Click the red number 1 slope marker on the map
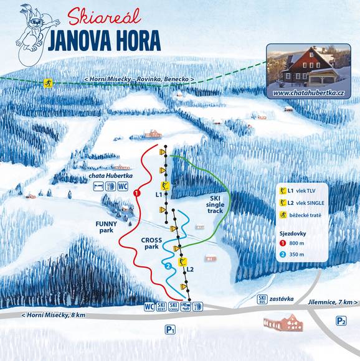pyautogui.click(x=135, y=194)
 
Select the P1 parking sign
pyautogui.click(x=169, y=328)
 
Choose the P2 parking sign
pyautogui.click(x=341, y=321)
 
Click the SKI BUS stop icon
pyautogui.click(x=262, y=299)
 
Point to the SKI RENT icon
pyautogui.click(x=162, y=306)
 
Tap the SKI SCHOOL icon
pyautogui.click(x=174, y=306)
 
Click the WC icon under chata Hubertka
pyautogui.click(x=123, y=185)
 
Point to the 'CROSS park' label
pyautogui.click(x=153, y=243)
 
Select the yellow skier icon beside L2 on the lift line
pyautogui.click(x=182, y=261)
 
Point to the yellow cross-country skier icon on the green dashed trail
pyautogui.click(x=46, y=83)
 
